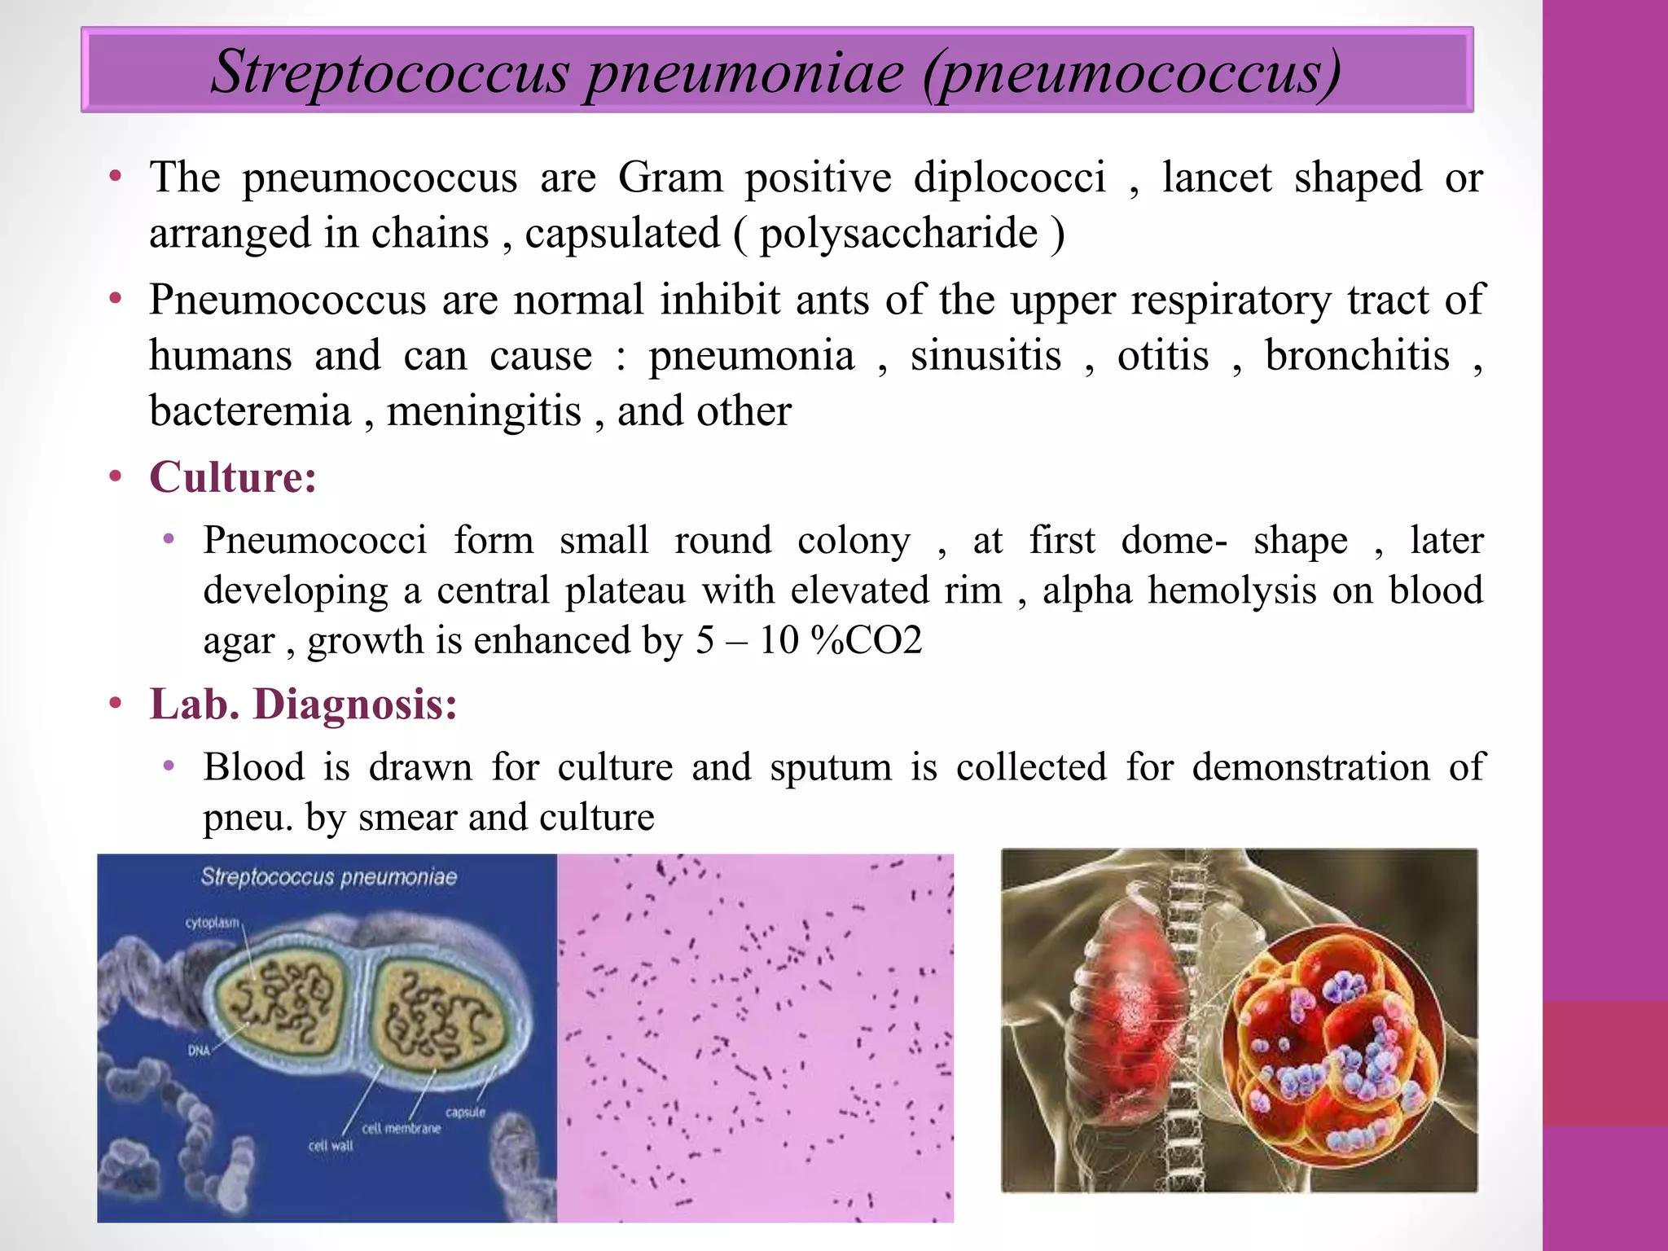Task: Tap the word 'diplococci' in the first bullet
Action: pyautogui.click(x=1009, y=177)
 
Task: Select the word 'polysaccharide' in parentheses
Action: pyautogui.click(x=898, y=234)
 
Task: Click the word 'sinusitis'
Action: pyautogui.click(x=985, y=356)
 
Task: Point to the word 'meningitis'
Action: pyautogui.click(x=484, y=411)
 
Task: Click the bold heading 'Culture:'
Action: pyautogui.click(x=233, y=476)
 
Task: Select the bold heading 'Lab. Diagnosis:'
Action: pyautogui.click(x=303, y=704)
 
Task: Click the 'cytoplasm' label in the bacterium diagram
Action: pyautogui.click(x=213, y=923)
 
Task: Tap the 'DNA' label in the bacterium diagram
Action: pyautogui.click(x=200, y=1051)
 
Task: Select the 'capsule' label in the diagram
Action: pyautogui.click(x=465, y=1112)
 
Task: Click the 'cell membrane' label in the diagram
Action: pyautogui.click(x=401, y=1129)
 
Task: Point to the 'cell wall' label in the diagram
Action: pyautogui.click(x=331, y=1146)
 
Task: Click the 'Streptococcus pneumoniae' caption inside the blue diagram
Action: pyautogui.click(x=328, y=877)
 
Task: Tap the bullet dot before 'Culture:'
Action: pyautogui.click(x=116, y=476)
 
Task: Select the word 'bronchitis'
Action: pyautogui.click(x=1357, y=356)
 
